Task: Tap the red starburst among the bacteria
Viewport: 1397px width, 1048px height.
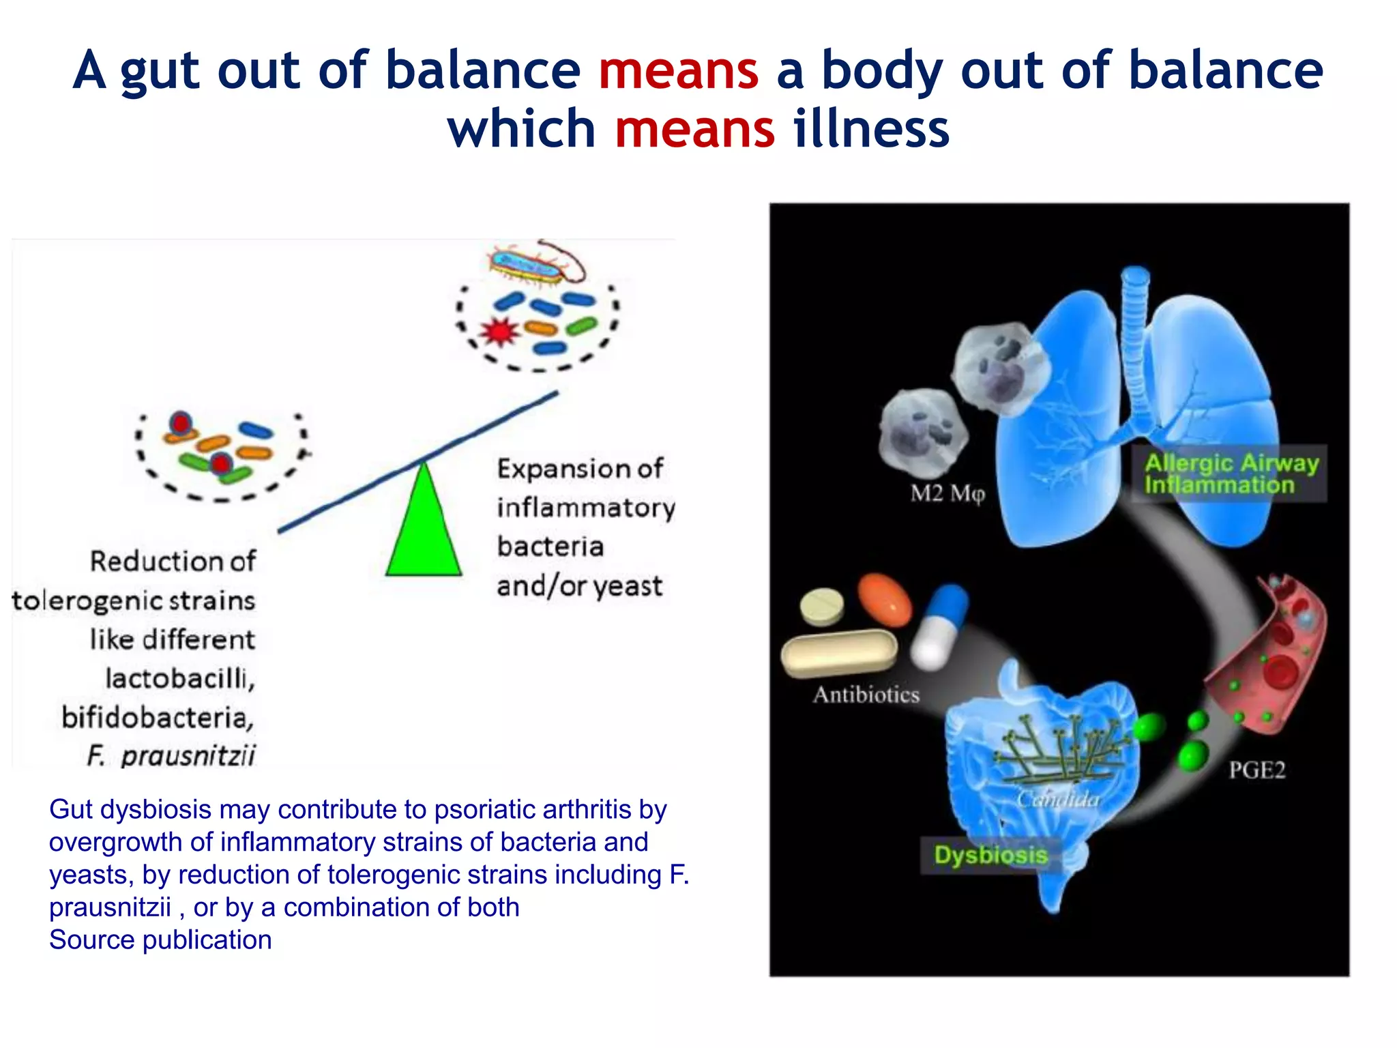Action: pos(499,332)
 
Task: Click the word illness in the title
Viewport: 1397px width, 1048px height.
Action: pos(871,129)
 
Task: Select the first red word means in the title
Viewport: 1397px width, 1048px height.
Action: pos(678,70)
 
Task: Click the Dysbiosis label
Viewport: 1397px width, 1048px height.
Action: pos(990,855)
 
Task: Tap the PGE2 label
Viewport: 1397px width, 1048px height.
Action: pos(1256,770)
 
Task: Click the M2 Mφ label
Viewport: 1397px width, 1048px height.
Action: pos(947,493)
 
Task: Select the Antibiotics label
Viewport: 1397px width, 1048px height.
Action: pos(866,695)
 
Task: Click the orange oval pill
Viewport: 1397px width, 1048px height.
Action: pos(885,600)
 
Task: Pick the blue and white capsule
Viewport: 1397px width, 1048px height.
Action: pos(940,626)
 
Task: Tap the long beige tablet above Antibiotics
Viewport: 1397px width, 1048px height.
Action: pos(839,653)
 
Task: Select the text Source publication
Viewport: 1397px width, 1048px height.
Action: pos(160,940)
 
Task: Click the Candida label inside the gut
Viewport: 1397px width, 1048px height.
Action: pos(1058,799)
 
